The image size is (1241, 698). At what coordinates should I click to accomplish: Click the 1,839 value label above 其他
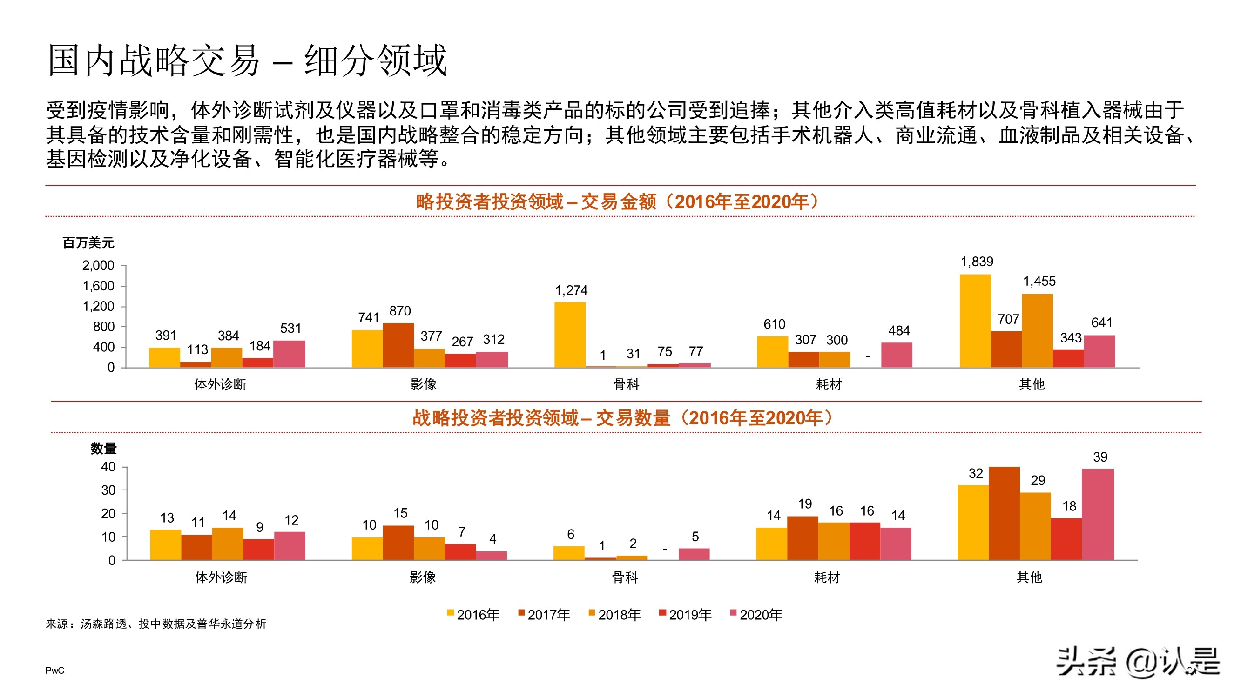pyautogui.click(x=977, y=262)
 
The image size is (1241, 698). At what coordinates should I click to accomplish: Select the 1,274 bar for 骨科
pyautogui.click(x=569, y=335)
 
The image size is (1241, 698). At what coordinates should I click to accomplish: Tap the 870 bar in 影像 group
pyautogui.click(x=398, y=345)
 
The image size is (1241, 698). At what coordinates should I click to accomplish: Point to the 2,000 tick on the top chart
pyautogui.click(x=98, y=265)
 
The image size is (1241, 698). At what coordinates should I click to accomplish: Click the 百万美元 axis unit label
pyautogui.click(x=88, y=243)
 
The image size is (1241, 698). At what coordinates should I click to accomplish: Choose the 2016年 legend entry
pyautogui.click(x=473, y=615)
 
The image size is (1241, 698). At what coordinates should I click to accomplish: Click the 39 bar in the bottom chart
pyautogui.click(x=1098, y=514)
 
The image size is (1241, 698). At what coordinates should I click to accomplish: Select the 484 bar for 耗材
pyautogui.click(x=897, y=355)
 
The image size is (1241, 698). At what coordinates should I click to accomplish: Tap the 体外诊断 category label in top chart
pyautogui.click(x=220, y=384)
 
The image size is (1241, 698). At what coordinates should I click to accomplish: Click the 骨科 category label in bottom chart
pyautogui.click(x=625, y=577)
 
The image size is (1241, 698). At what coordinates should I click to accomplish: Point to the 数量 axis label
pyautogui.click(x=104, y=449)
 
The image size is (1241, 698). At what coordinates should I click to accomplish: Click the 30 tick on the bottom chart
pyautogui.click(x=108, y=490)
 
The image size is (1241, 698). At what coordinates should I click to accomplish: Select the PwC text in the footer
pyautogui.click(x=54, y=671)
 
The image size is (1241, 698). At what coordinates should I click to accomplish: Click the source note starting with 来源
pyautogui.click(x=156, y=624)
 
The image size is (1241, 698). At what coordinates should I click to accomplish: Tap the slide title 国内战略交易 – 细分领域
pyautogui.click(x=248, y=60)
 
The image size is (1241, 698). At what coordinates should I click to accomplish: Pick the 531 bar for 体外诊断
pyautogui.click(x=289, y=354)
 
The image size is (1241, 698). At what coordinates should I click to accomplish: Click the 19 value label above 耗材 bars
pyautogui.click(x=804, y=504)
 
